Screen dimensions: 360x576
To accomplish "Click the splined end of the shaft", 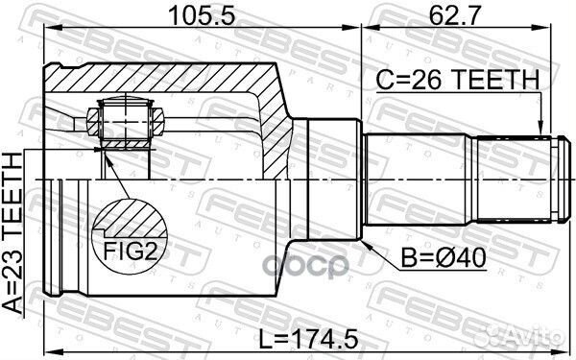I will pos(518,181).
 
